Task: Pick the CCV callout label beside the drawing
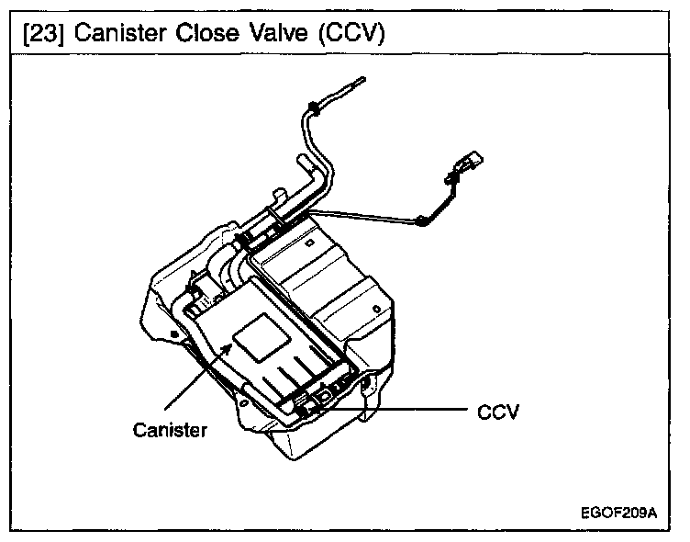498,412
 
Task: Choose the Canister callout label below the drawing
170,430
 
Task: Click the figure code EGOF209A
619,512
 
